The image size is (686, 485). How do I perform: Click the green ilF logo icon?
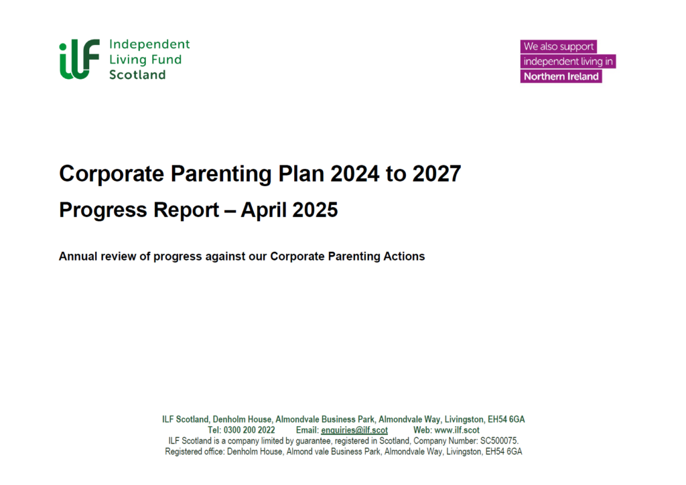pos(79,59)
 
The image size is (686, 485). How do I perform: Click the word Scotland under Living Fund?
pos(137,74)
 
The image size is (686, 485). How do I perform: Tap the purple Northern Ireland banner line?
pos(561,76)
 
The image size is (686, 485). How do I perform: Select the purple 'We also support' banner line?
pos(558,47)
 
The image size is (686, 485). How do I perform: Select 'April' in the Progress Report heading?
pos(263,210)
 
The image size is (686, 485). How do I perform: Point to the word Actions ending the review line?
pos(404,256)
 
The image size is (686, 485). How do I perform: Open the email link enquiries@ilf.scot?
pos(354,430)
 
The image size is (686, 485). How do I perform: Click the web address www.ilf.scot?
pos(457,430)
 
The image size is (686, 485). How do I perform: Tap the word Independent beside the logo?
pos(149,44)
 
